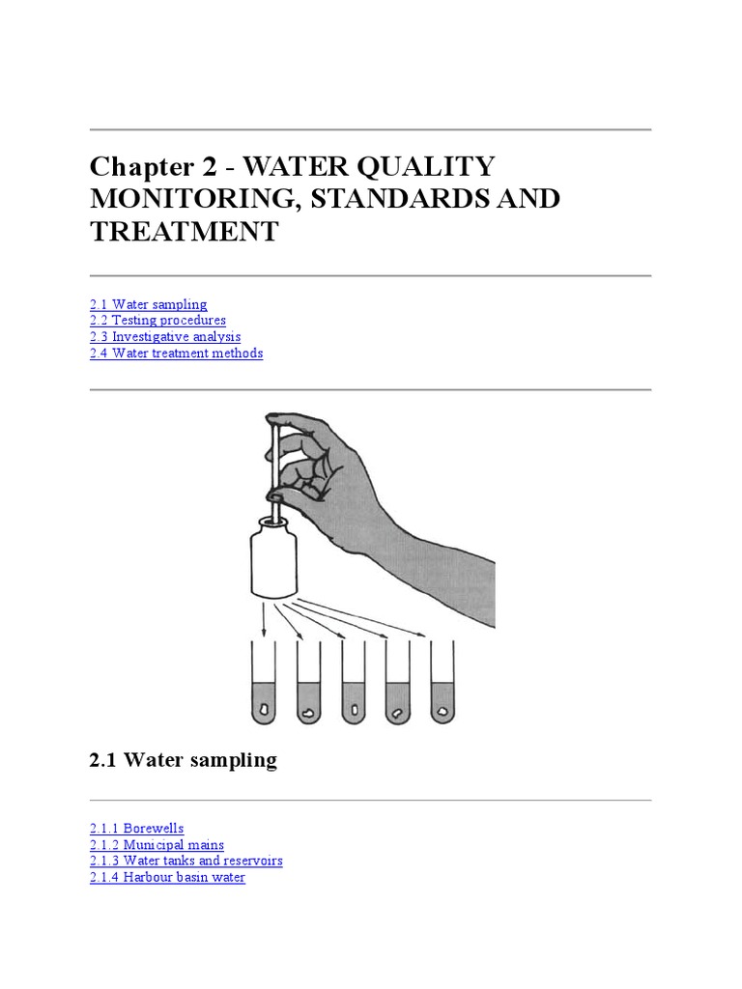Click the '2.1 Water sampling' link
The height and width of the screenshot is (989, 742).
[x=148, y=304]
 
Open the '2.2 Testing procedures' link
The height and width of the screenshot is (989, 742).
[x=157, y=320]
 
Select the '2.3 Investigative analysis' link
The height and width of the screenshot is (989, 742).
[x=165, y=336]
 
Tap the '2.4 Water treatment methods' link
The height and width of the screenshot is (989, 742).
[x=176, y=353]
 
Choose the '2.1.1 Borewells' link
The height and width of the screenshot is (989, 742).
[x=136, y=828]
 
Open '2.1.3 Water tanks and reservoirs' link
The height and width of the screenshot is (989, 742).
[x=185, y=860]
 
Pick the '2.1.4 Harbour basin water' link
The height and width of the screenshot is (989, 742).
[x=167, y=877]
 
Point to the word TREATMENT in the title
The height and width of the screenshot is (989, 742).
[x=184, y=232]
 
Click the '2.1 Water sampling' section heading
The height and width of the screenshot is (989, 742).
[x=183, y=760]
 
